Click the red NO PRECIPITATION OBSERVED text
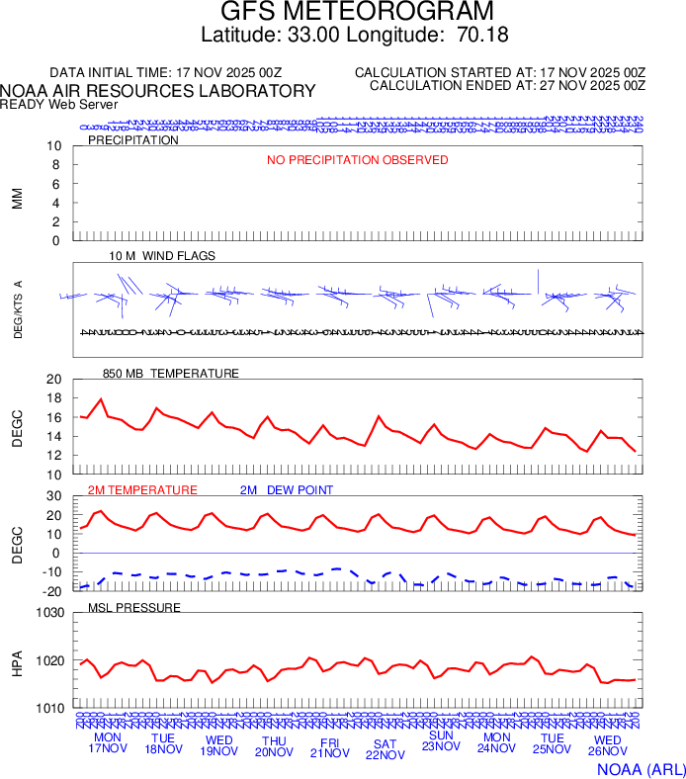(358, 160)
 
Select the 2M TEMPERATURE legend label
(142, 490)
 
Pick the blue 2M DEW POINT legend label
(287, 490)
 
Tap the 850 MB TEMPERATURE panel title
(171, 374)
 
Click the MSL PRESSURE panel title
(134, 607)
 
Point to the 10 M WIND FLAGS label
(162, 256)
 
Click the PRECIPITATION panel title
(133, 140)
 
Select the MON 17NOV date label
(108, 743)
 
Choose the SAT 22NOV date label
(386, 749)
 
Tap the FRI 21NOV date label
(330, 746)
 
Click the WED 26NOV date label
(608, 746)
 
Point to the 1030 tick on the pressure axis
(49, 613)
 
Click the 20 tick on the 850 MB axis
(53, 380)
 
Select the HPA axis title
(17, 661)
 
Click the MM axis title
(17, 199)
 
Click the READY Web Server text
(59, 104)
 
